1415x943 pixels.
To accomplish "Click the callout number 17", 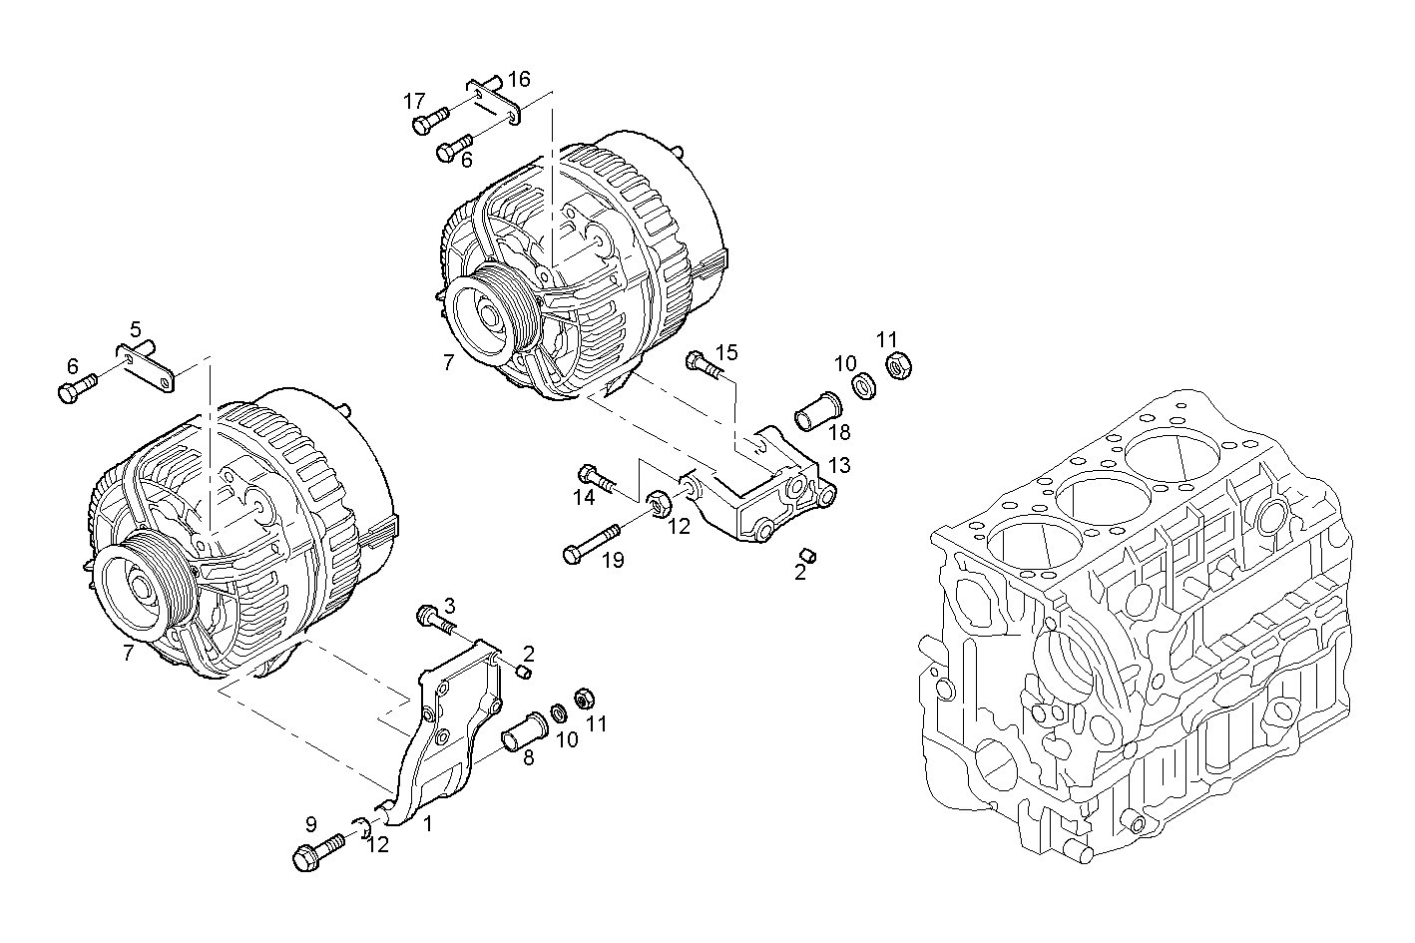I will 414,101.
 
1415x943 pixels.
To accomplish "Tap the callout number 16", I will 519,79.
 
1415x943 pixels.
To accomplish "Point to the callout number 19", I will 612,560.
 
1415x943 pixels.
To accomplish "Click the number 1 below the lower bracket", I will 428,824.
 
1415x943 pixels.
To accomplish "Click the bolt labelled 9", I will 315,852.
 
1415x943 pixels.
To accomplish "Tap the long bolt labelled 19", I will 589,542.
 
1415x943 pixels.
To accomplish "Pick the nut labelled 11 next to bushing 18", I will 897,367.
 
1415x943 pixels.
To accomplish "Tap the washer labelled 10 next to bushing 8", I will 558,713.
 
